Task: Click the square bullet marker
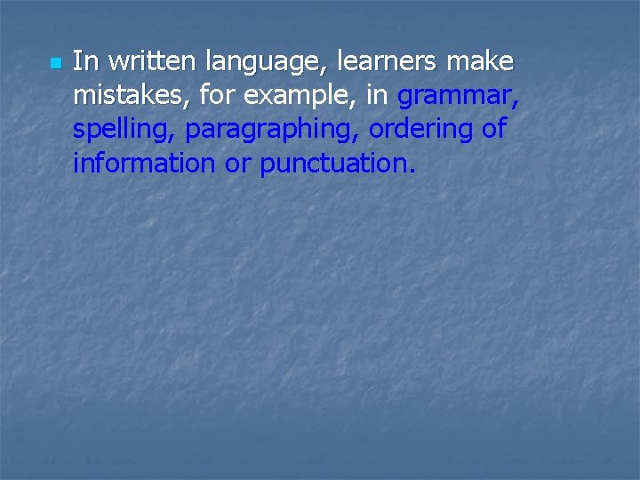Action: coord(53,64)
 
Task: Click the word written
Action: coord(148,61)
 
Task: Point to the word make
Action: coord(481,61)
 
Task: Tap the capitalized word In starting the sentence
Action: coord(84,61)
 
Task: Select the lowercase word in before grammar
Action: coord(376,95)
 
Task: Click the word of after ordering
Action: coord(493,129)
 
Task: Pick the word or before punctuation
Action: coord(237,164)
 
